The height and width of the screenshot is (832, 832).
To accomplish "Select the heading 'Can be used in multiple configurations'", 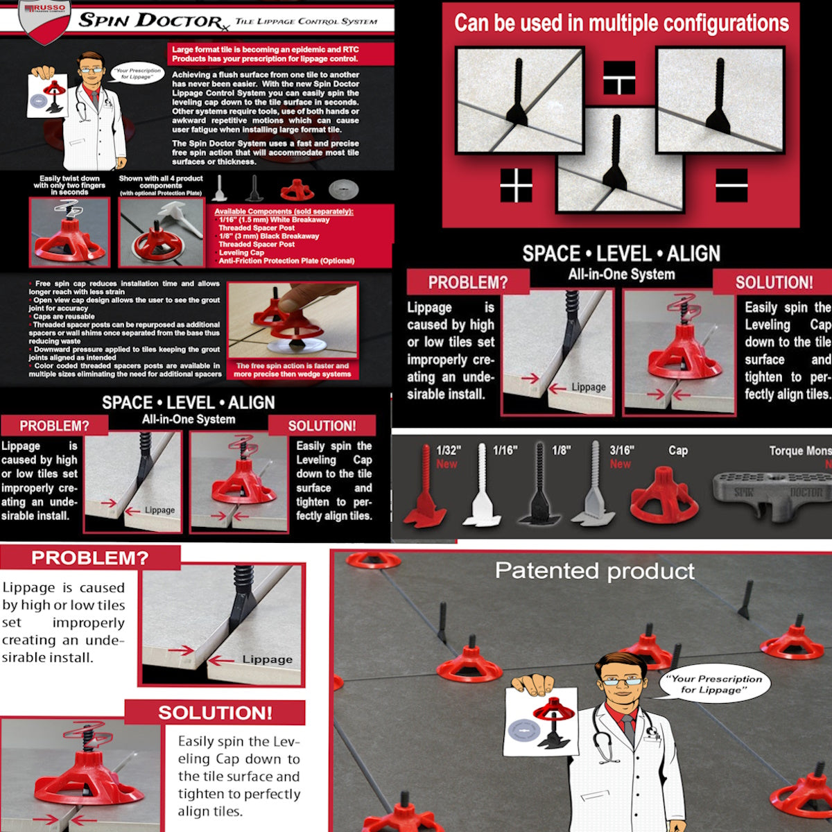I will click(621, 24).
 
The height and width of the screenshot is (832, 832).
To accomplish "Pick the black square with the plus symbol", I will click(517, 185).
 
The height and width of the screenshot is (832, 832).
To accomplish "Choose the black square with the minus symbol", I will click(731, 185).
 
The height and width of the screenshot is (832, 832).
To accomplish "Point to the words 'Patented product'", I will click(594, 571).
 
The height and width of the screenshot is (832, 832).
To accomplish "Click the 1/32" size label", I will click(449, 451).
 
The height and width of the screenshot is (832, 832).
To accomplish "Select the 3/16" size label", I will click(621, 451).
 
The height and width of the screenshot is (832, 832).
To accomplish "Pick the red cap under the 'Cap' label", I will click(664, 495).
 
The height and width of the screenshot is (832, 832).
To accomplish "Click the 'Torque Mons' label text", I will click(799, 451).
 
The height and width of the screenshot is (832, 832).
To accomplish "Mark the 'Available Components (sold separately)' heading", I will click(284, 211).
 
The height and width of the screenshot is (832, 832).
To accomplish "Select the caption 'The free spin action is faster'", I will click(292, 370).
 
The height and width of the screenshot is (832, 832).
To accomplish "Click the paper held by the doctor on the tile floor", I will click(541, 721).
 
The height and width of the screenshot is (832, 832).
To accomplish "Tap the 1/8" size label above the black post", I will click(561, 451).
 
